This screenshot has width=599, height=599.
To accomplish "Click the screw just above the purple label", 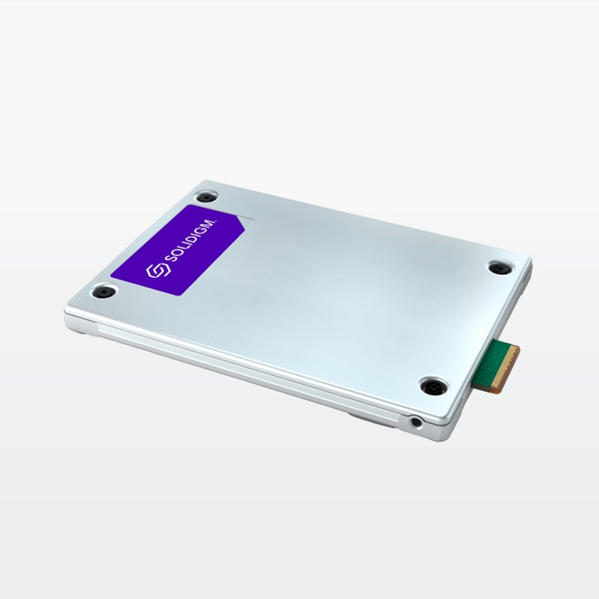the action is point(207,197).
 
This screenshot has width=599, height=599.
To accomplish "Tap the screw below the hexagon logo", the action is point(104,292).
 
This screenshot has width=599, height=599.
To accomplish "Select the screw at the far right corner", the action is point(499,268).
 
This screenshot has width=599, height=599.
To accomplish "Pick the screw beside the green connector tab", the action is point(434,386).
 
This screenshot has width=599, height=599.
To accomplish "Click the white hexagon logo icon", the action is point(159,270).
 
